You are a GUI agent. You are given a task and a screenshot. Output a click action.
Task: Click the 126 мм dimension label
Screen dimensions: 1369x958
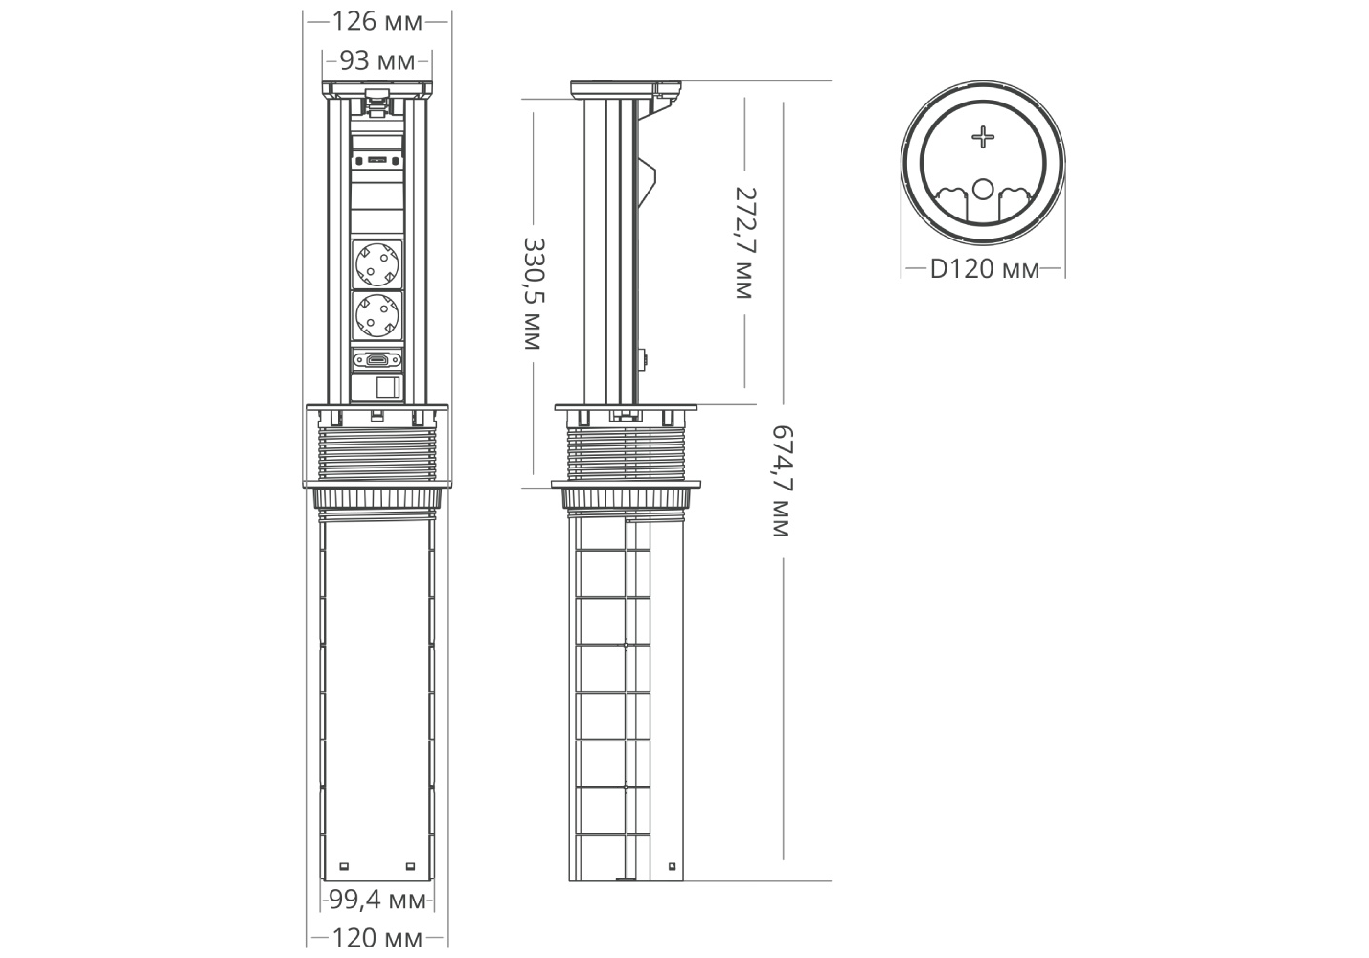(x=377, y=22)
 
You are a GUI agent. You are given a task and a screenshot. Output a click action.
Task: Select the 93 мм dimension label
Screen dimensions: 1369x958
(x=377, y=61)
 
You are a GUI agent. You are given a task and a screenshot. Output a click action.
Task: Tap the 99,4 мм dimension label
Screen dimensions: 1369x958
(x=377, y=900)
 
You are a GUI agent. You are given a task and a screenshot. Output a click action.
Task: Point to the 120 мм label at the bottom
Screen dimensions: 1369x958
(x=377, y=937)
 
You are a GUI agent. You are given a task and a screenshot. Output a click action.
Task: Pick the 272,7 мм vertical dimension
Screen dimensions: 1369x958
(x=745, y=242)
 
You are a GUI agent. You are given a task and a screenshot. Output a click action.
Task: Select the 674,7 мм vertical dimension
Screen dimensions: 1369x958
(x=783, y=481)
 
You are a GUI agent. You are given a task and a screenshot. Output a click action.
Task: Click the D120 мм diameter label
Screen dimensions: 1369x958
(x=984, y=269)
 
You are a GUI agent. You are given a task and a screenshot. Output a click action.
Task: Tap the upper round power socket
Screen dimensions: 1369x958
(x=377, y=264)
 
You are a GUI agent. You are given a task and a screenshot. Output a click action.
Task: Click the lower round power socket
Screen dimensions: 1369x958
(x=377, y=315)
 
